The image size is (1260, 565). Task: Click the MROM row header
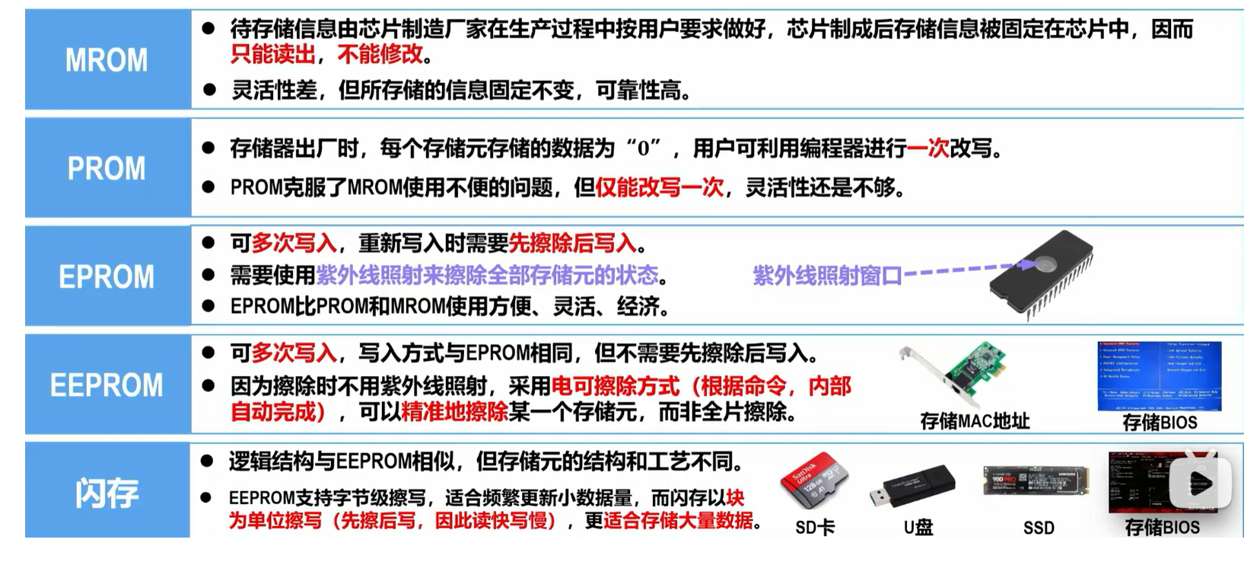click(x=107, y=59)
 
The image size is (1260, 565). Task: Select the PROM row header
click(x=107, y=168)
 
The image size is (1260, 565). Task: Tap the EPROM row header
click(x=107, y=276)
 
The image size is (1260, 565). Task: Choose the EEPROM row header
click(x=107, y=385)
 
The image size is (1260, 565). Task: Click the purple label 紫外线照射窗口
click(x=826, y=275)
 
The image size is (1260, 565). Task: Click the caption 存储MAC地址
click(x=974, y=421)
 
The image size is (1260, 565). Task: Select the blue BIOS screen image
click(x=1159, y=375)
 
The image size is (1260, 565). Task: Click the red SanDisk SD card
click(x=813, y=484)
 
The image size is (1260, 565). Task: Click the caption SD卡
click(x=814, y=528)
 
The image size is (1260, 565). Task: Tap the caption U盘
click(x=918, y=528)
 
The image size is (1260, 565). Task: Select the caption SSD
click(x=1039, y=528)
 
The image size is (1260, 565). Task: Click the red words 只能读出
click(x=272, y=54)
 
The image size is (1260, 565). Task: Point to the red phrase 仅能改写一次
click(x=659, y=187)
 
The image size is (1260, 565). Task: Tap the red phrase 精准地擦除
click(x=454, y=412)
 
